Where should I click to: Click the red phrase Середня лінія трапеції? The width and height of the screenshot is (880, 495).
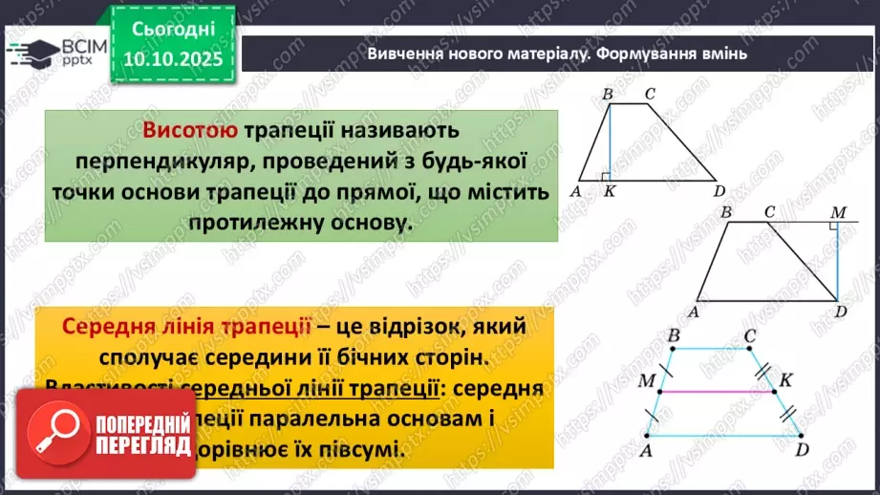[x=186, y=326]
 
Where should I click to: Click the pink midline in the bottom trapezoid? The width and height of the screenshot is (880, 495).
[x=721, y=391]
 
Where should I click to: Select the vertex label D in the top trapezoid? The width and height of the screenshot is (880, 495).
[x=719, y=191]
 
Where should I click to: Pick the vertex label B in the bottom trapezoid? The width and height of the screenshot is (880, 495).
[x=675, y=335]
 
